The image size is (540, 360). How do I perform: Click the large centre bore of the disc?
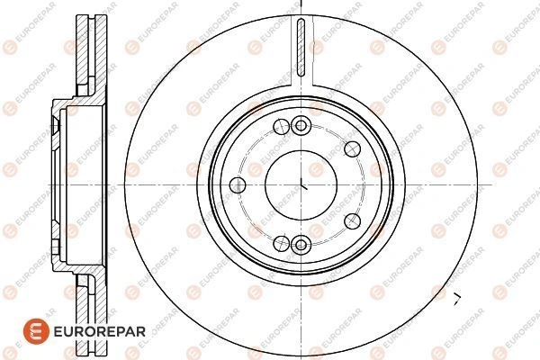[301, 184]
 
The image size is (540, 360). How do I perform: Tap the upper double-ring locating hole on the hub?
[301, 126]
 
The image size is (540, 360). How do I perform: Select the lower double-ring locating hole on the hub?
[301, 245]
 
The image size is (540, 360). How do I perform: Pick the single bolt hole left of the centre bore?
[238, 185]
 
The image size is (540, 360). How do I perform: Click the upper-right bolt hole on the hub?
[352, 148]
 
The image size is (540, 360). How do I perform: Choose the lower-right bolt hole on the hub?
[352, 220]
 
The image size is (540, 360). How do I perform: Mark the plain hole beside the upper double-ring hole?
[282, 126]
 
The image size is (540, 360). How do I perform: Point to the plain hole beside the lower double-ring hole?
[282, 244]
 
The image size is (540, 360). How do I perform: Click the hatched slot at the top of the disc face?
[301, 47]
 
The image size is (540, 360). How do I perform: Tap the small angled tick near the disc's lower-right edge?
[457, 299]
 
